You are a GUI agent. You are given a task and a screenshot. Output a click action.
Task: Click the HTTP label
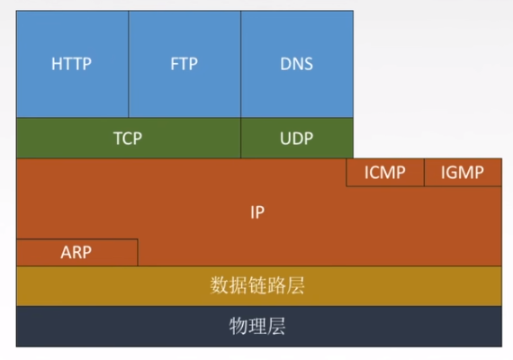point(71,64)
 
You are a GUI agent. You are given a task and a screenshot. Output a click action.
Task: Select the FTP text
point(184,64)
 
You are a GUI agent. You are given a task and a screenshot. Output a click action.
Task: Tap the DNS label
point(296,64)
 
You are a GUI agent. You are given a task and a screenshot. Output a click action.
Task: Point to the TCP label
point(128,138)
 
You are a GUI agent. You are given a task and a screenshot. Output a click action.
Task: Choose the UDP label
point(296,138)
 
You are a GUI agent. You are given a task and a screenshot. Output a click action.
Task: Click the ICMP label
point(385,173)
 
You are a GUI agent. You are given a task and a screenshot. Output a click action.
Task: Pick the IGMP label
point(463,173)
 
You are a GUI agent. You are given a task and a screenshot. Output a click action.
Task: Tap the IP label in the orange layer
point(257,212)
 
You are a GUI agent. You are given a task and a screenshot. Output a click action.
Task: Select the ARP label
point(76,252)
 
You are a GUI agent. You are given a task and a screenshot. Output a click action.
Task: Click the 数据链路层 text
point(257,285)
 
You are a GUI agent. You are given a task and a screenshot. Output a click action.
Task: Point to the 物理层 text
point(257,326)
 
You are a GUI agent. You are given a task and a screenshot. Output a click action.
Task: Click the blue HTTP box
point(72,64)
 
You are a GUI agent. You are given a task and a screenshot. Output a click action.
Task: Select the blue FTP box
point(184,64)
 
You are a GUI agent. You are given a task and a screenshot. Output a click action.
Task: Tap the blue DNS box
point(297,64)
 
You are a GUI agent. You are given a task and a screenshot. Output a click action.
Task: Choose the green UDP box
point(297,138)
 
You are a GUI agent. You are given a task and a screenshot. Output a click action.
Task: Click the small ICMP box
point(385,173)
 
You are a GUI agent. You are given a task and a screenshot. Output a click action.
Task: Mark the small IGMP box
point(463,173)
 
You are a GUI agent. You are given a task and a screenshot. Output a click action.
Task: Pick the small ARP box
point(77,252)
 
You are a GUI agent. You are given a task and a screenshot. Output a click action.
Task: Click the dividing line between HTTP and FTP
point(129,64)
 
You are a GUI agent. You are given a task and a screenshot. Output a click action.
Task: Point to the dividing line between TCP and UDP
point(241,138)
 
